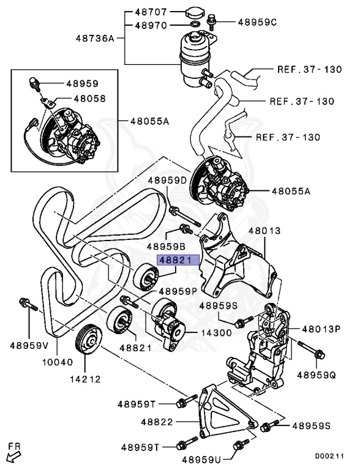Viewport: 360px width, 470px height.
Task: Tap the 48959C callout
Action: (x=257, y=22)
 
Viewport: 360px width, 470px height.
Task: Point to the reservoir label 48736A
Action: (x=95, y=38)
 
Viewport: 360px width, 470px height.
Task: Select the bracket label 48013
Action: (x=264, y=231)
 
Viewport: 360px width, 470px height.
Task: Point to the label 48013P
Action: (x=319, y=329)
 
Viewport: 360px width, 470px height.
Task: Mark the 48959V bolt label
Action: (x=28, y=345)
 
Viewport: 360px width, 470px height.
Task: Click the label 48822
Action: (x=157, y=422)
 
